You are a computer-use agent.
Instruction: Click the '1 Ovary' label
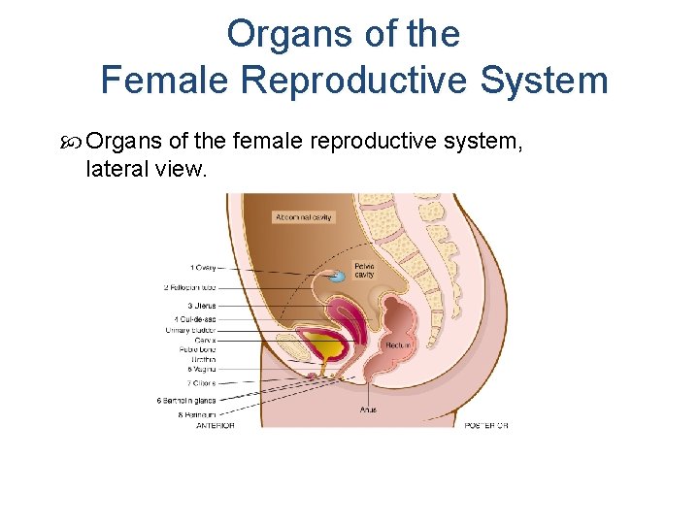[203, 267]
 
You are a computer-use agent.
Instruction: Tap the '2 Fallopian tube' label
[190, 286]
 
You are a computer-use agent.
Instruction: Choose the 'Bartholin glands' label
[186, 400]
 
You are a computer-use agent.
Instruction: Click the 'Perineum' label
[198, 414]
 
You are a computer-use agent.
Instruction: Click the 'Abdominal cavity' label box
[303, 217]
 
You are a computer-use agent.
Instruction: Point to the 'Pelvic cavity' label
[365, 269]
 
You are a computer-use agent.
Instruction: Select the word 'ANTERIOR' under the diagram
[215, 425]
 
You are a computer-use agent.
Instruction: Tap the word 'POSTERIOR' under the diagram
[486, 425]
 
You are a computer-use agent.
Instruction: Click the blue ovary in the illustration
[336, 277]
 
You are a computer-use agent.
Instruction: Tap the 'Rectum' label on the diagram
[398, 344]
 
